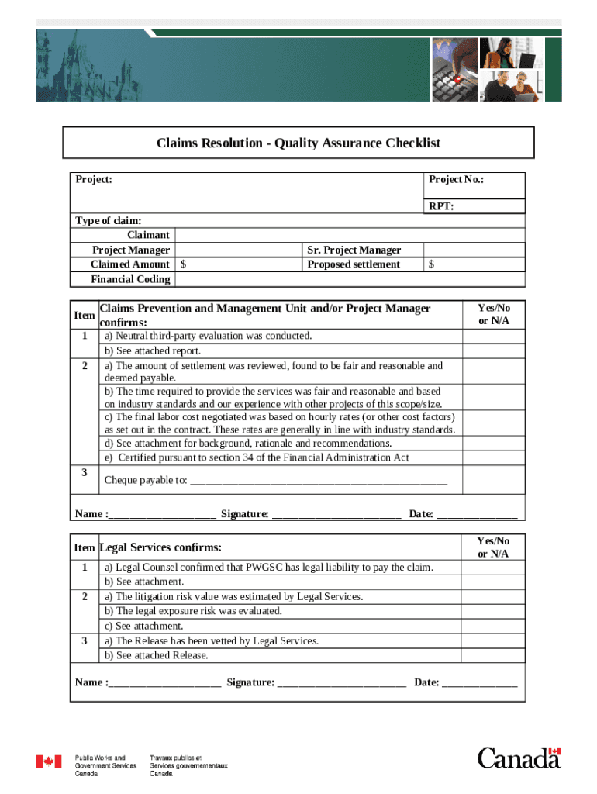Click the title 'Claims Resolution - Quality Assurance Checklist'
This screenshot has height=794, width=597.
(x=298, y=143)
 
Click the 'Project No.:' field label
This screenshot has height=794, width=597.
(x=456, y=179)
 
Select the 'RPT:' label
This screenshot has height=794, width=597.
(x=441, y=206)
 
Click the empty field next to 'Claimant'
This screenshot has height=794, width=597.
(x=349, y=235)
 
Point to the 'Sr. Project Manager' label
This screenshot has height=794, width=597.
(x=354, y=250)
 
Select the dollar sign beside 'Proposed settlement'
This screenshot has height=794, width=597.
(x=431, y=264)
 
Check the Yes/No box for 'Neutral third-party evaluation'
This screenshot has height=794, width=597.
(x=493, y=337)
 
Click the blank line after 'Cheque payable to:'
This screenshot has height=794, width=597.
(x=318, y=480)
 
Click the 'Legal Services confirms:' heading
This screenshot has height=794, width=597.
(x=160, y=547)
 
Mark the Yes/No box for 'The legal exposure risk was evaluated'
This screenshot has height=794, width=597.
(x=493, y=611)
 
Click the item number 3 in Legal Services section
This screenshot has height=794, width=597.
(x=84, y=640)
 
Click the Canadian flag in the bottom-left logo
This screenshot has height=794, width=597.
(x=48, y=761)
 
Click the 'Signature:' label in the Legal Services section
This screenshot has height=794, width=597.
(x=250, y=682)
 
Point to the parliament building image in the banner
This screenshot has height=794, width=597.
(x=58, y=66)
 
